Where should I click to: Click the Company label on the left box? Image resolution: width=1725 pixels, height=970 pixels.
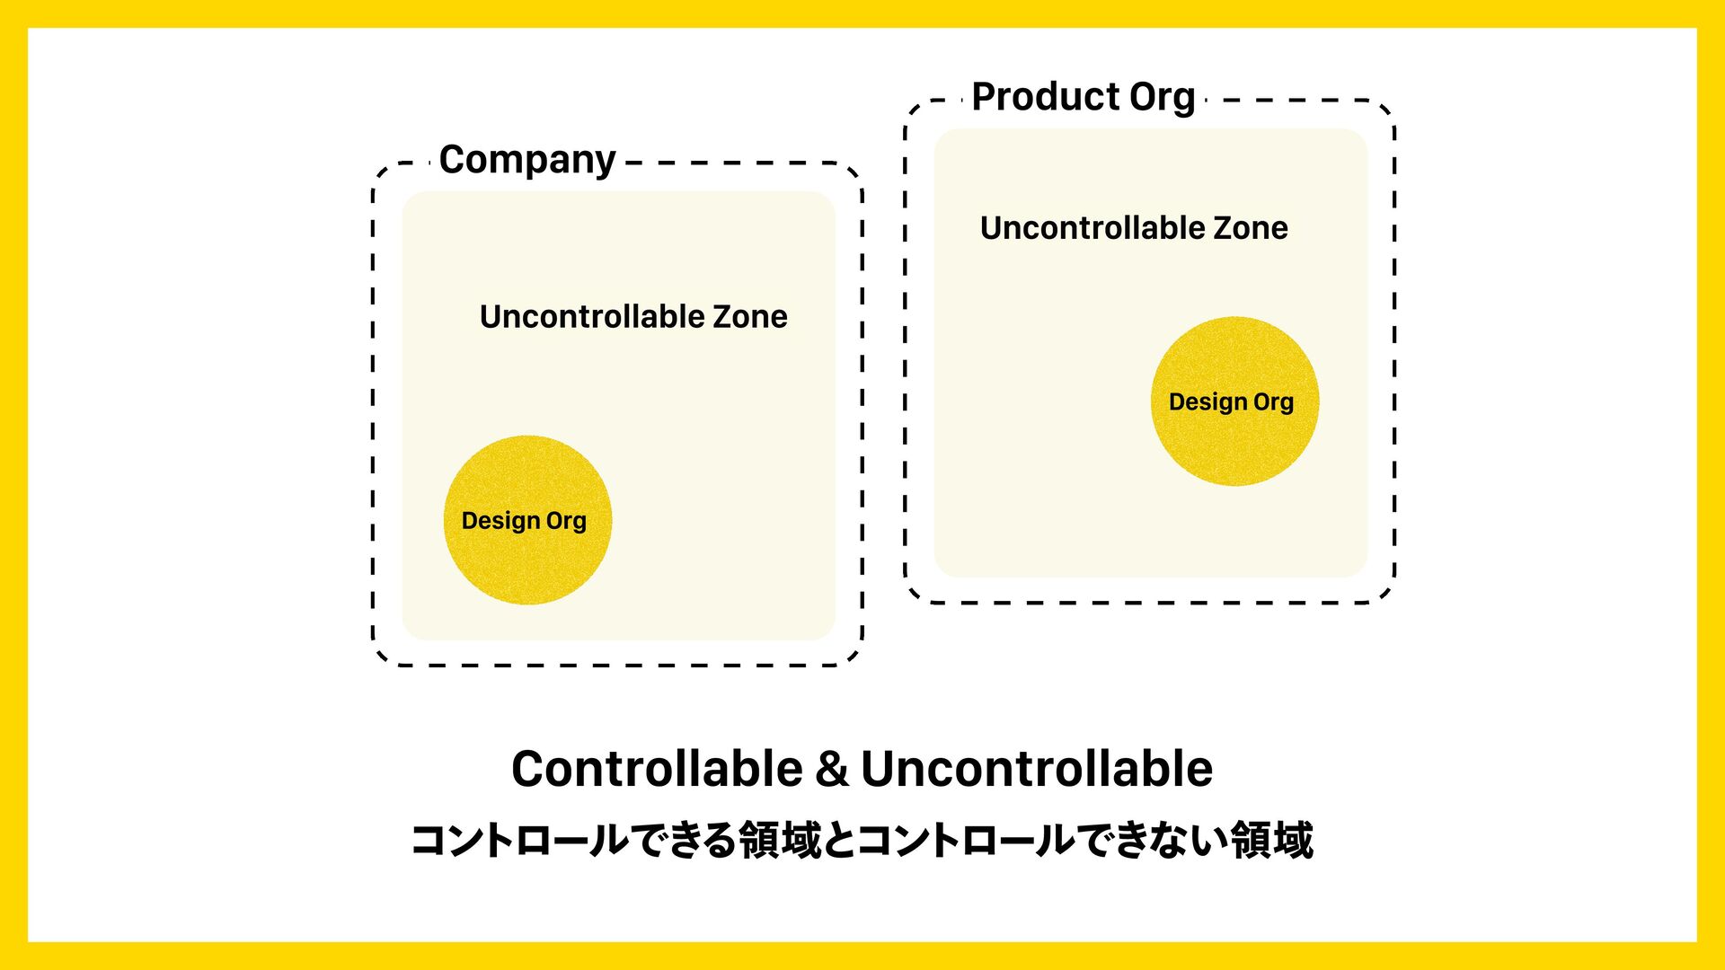pos(527,161)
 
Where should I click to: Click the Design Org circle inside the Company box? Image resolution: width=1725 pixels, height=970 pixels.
pos(528,520)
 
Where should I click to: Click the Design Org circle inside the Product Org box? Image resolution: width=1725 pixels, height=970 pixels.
pos(1235,401)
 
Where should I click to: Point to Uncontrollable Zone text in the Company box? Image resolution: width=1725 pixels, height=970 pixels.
pos(633,316)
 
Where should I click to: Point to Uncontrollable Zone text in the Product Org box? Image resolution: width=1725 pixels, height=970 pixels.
pos(1134,228)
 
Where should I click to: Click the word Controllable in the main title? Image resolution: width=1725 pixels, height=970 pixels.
pos(657,769)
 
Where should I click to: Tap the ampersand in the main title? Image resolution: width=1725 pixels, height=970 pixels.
pos(832,770)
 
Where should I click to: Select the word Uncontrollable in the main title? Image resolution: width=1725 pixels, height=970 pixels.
pos(1037,769)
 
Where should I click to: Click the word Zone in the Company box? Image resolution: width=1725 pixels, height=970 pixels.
pos(750,316)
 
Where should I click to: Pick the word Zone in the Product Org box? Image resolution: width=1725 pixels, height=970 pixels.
pos(1251,228)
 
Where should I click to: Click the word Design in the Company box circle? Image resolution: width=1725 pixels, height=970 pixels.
pos(500,521)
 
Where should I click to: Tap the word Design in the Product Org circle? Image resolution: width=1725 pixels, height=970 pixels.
pos(1207,402)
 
